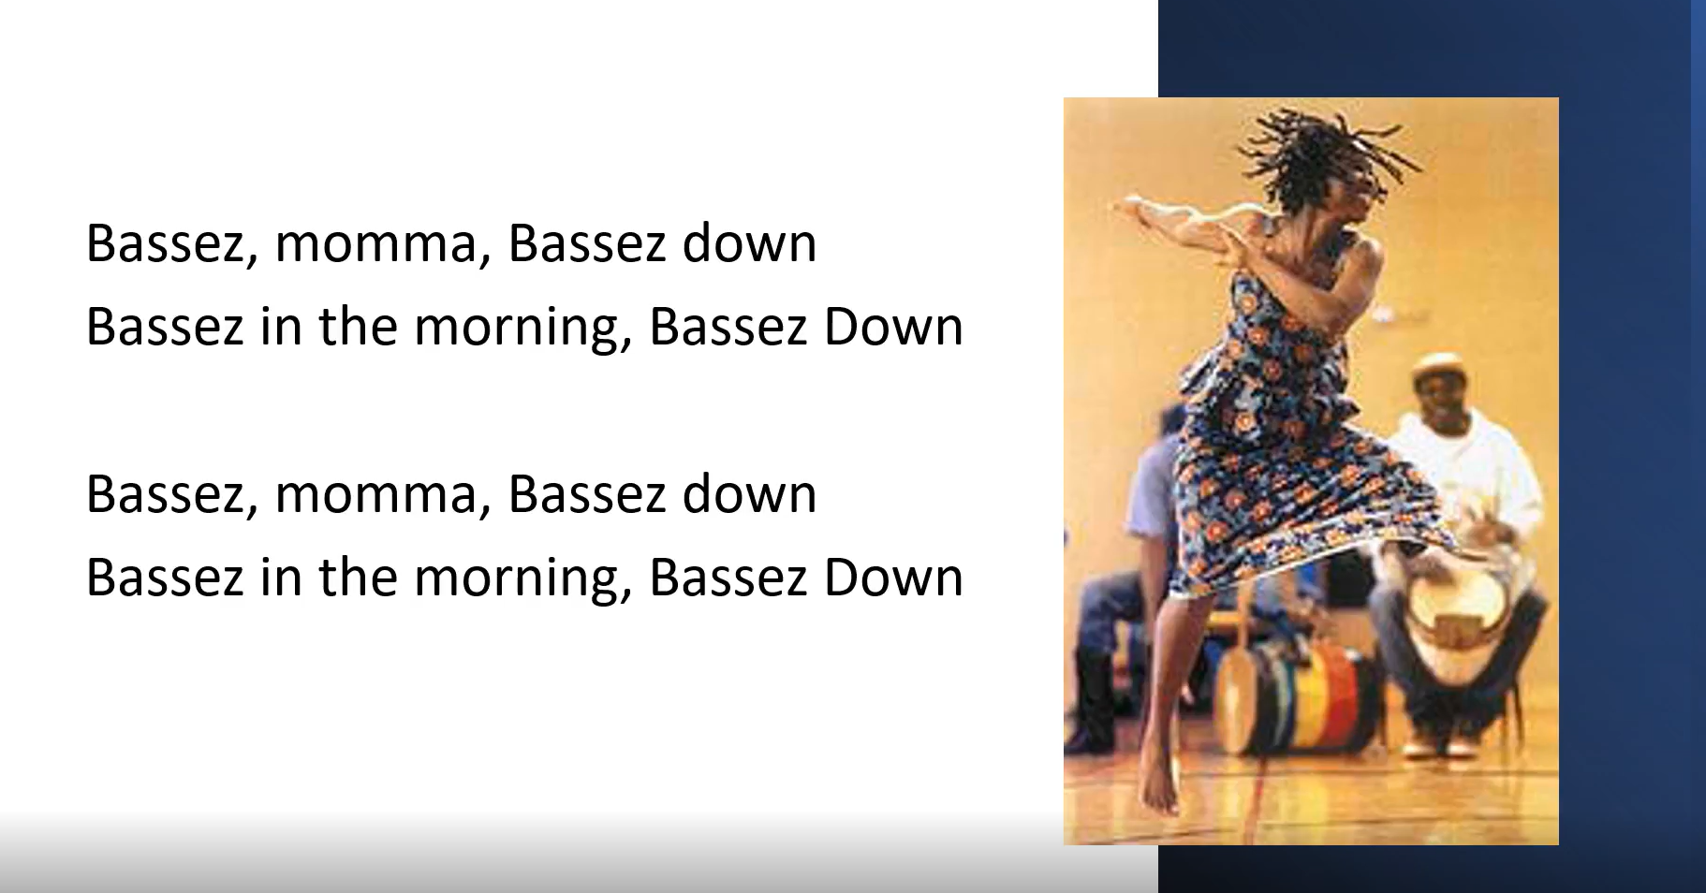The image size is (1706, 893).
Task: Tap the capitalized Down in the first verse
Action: tap(893, 326)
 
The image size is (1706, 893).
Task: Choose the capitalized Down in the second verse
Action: tap(893, 577)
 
